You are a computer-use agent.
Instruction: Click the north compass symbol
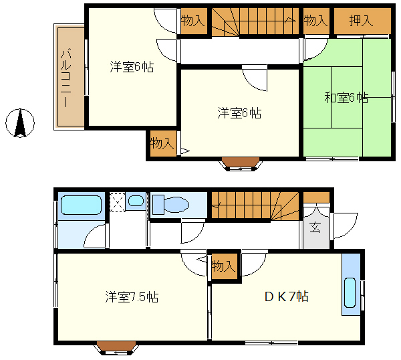pos(20,123)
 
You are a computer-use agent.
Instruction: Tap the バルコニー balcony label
pos(66,78)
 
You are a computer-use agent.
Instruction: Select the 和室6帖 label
pos(346,97)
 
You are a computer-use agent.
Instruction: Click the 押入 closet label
pos(361,21)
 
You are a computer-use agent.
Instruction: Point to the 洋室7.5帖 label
pos(132,296)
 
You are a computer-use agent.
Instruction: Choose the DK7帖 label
pos(287,296)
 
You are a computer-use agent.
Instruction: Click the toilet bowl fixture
pos(170,204)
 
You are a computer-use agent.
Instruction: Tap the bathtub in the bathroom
pos(82,205)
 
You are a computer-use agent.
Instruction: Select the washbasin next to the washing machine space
pos(136,201)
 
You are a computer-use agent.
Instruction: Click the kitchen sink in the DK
pos(350,292)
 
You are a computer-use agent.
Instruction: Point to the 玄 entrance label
pos(315,227)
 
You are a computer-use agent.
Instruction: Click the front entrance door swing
pos(344,226)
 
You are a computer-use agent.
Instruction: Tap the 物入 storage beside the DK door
pos(223,266)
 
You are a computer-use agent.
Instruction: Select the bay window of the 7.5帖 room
pos(116,348)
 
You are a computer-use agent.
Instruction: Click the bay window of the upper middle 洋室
pos(241,164)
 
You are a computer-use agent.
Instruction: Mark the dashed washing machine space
pos(118,202)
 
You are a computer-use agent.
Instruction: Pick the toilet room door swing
pos(193,231)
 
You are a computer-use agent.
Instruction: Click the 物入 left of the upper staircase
pos(194,21)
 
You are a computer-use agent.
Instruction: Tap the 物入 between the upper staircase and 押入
pos(316,21)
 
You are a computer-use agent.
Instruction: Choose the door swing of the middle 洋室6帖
pos(255,78)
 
